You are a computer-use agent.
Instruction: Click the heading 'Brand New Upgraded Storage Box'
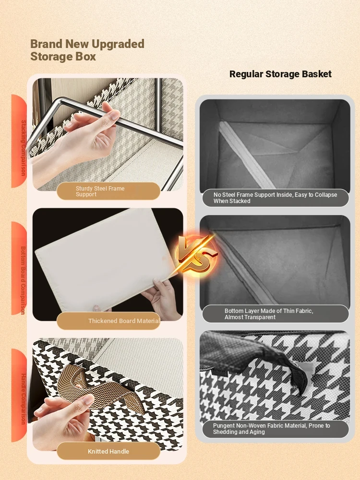87,50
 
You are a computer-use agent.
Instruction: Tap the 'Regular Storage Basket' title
280,74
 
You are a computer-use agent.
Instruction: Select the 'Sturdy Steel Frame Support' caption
100,192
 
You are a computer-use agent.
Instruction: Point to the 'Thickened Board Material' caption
124,321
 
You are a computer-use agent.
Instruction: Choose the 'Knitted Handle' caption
108,451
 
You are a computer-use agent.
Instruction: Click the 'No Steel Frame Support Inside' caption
275,198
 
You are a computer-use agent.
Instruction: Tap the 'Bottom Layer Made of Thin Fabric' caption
269,314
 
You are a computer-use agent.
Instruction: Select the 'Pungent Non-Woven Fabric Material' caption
272,429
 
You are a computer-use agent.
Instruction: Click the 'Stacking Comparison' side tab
20,141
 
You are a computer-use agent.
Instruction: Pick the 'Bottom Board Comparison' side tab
20,268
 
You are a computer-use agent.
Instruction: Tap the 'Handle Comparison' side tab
20,395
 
